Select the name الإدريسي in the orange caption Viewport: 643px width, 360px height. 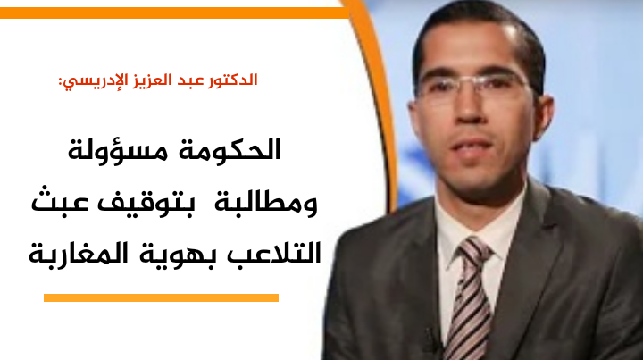[96, 81]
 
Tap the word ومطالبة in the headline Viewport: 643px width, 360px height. [265, 202]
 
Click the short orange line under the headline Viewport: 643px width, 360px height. [161, 297]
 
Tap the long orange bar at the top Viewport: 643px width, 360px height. [174, 13]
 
